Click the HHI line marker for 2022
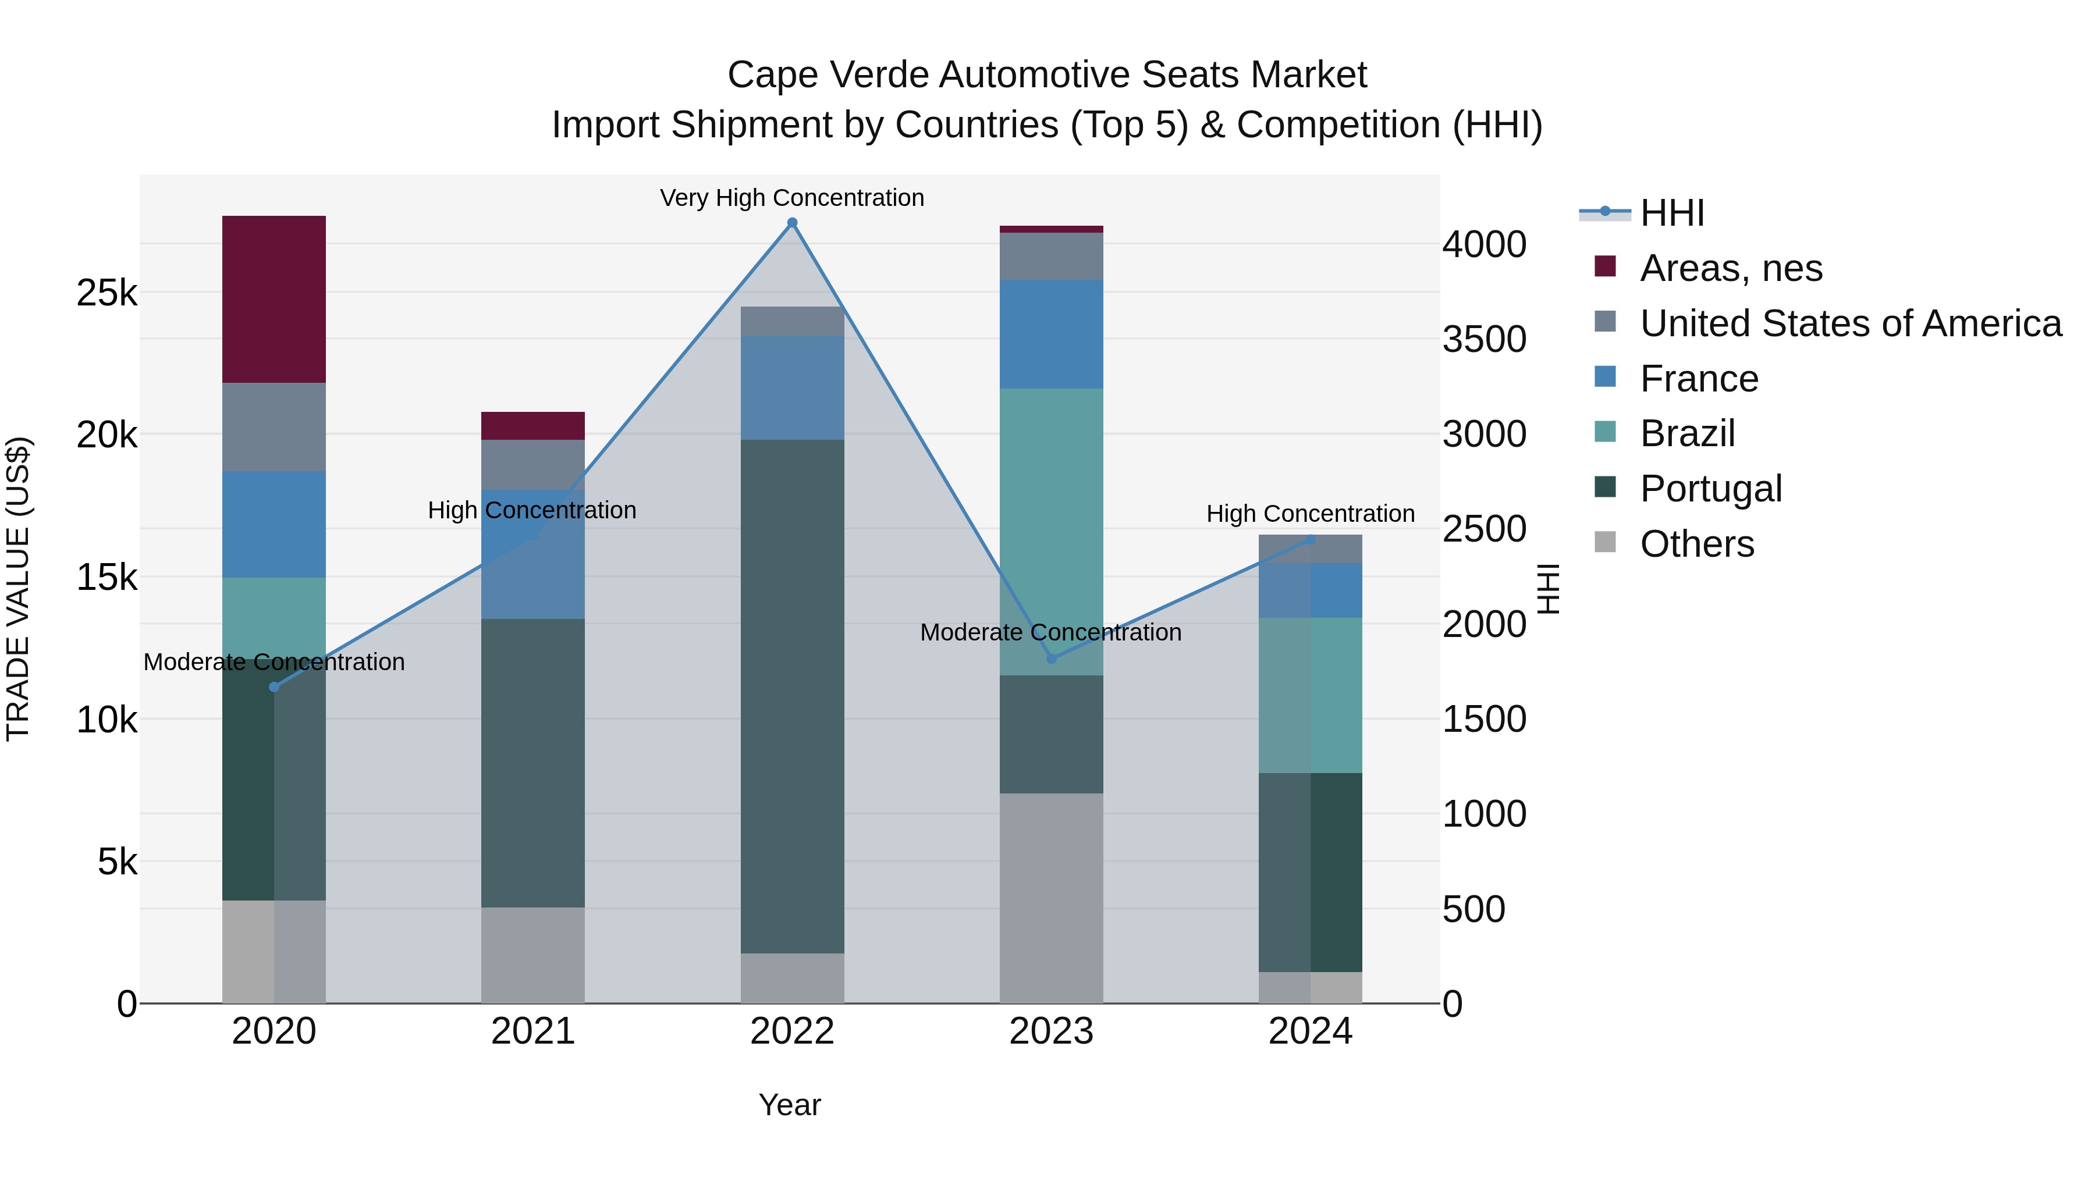(792, 223)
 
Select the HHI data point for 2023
(1051, 659)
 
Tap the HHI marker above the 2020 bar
(274, 687)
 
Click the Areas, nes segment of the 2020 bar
(274, 299)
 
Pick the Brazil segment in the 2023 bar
(1051, 532)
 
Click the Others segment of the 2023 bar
(1051, 898)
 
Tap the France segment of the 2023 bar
(1051, 334)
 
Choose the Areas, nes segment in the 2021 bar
(532, 426)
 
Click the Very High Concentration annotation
(792, 198)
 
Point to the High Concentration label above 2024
(1310, 514)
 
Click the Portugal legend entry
(1711, 489)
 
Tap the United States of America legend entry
(1850, 323)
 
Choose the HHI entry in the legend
(1672, 213)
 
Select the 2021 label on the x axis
(532, 1031)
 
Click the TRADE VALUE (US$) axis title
(18, 589)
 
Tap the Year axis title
(790, 1105)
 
